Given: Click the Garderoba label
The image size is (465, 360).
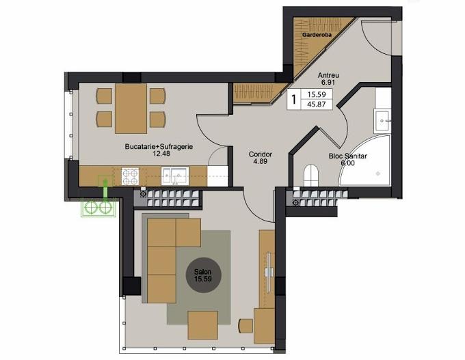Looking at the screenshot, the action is tap(317, 35).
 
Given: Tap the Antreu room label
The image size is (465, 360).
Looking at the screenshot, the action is tap(328, 75).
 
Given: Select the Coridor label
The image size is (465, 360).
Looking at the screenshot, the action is tap(261, 154).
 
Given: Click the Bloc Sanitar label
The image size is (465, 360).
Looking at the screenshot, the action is tap(348, 156).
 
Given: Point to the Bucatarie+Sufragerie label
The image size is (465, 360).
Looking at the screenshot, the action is tap(159, 147).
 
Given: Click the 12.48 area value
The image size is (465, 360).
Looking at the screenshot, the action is tap(161, 154).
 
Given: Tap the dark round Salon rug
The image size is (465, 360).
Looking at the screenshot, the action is tap(204, 275).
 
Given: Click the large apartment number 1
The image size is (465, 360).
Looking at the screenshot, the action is tap(294, 100).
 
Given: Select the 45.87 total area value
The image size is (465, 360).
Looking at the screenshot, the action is tap(317, 105).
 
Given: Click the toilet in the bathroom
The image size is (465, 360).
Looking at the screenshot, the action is tap(311, 176).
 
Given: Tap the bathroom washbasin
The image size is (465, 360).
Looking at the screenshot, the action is tap(382, 121).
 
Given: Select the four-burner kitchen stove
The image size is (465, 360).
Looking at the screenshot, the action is tap(130, 177).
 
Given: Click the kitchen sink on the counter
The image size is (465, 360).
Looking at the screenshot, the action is tap(175, 176).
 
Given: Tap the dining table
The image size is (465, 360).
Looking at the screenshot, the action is tap(131, 109).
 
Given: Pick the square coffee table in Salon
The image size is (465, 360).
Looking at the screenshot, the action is tap(203, 324).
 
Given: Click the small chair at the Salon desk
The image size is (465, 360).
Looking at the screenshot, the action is tap(245, 326).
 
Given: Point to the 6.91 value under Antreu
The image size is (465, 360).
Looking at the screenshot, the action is tap(328, 83).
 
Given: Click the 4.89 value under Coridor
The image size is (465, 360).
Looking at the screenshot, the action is tap(261, 161).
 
